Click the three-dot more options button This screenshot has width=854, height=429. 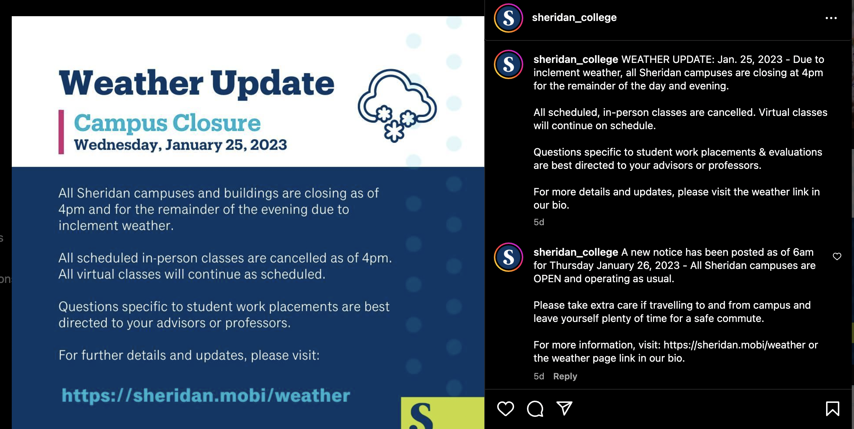tap(831, 18)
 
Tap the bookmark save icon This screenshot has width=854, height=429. tap(832, 408)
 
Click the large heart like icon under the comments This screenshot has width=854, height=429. tap(506, 408)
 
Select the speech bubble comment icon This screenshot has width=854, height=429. tap(535, 408)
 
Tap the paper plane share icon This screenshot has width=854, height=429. tap(564, 408)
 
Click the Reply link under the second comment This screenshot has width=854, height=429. tap(565, 376)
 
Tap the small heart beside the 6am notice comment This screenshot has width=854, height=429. tap(837, 256)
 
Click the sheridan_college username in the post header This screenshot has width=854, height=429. tap(574, 17)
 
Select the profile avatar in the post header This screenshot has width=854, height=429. tap(509, 18)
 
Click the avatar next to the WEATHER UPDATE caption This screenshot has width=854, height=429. tap(509, 64)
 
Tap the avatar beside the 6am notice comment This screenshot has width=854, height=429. tap(509, 257)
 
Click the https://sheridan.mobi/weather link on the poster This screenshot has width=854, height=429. tap(206, 396)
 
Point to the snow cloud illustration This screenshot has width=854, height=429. tap(397, 105)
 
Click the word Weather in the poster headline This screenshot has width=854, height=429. tap(131, 83)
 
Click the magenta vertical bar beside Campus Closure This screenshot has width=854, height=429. tap(61, 132)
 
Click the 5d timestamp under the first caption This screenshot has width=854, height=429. tap(539, 222)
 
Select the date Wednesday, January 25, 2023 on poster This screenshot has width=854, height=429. tap(180, 145)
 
